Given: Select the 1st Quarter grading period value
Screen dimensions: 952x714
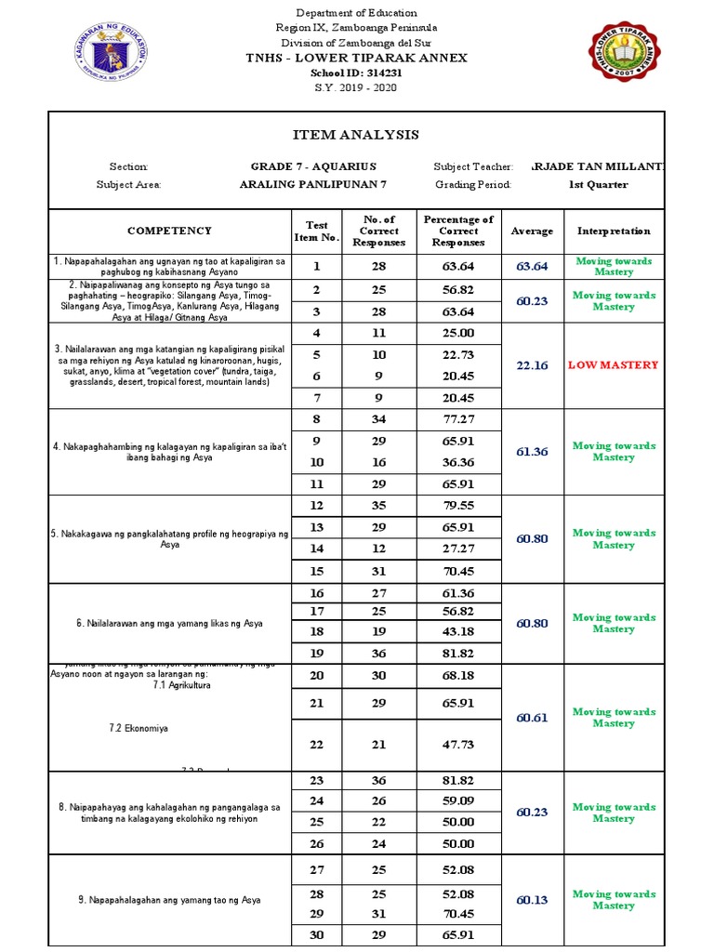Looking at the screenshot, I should [598, 184].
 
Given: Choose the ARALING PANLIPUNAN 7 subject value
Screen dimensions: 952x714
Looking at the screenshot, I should [312, 184].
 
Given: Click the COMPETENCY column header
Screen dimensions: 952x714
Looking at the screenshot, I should [169, 231].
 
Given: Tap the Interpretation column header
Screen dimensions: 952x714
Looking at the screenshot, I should [614, 231].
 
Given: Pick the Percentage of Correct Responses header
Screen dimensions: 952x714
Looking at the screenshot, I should [458, 231].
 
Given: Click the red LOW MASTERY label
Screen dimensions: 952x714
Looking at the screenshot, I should [613, 365].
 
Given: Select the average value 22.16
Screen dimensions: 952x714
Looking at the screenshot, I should [532, 365].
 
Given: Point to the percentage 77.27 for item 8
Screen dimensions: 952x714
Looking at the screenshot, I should [458, 420].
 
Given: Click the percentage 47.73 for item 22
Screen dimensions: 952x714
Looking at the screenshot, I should [458, 745].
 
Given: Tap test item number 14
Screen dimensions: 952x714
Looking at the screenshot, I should [317, 549].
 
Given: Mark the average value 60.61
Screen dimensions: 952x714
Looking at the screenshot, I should [532, 718].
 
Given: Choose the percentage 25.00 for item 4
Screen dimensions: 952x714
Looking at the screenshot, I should [458, 333].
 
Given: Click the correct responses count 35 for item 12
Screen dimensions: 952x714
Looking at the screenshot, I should [379, 506].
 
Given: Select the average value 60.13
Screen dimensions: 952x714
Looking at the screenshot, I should [532, 900].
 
